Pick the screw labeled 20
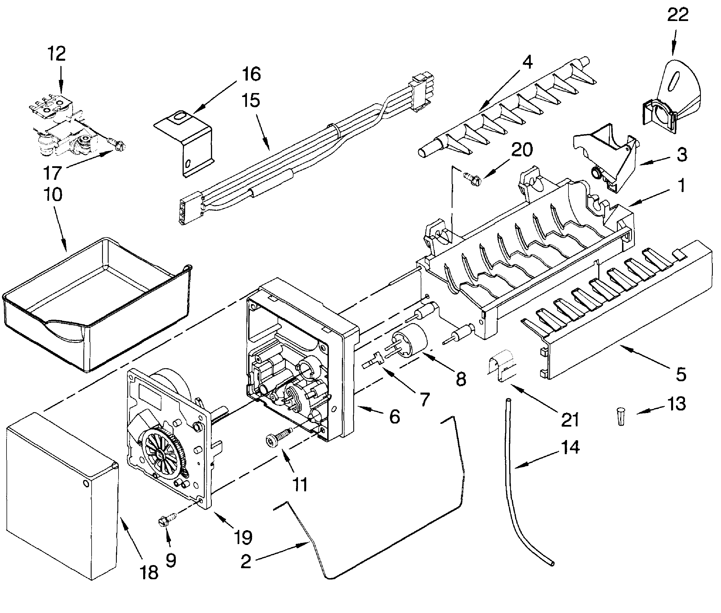472,179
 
